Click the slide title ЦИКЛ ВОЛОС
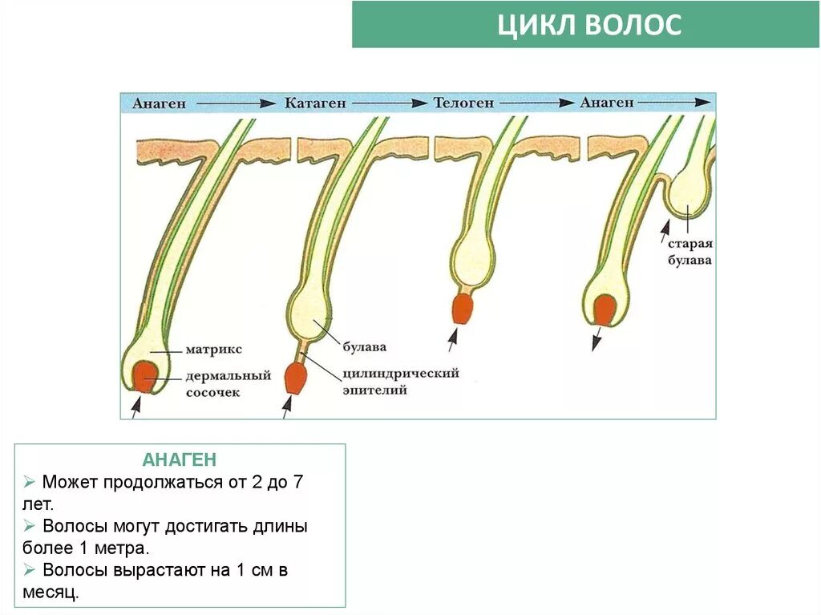pyautogui.click(x=589, y=25)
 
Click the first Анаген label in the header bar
pyautogui.click(x=160, y=103)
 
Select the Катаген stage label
pyautogui.click(x=315, y=103)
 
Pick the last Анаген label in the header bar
pyautogui.click(x=607, y=103)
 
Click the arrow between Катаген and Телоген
pyautogui.click(x=390, y=103)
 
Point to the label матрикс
pyautogui.click(x=213, y=350)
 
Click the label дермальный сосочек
pyautogui.click(x=228, y=384)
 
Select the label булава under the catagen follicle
pyautogui.click(x=364, y=347)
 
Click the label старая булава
pyautogui.click(x=690, y=253)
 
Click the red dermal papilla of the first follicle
pyautogui.click(x=145, y=376)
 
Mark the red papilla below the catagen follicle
pyautogui.click(x=295, y=378)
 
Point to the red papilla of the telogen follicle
pyautogui.click(x=462, y=309)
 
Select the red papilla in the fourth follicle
pyautogui.click(x=605, y=310)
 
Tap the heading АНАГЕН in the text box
pyautogui.click(x=180, y=460)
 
